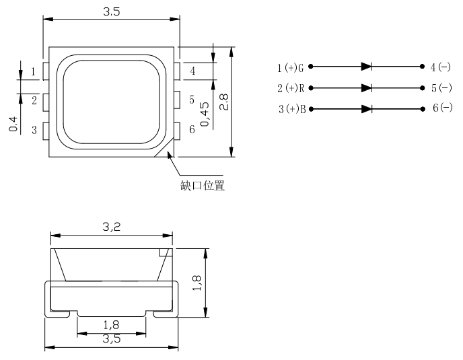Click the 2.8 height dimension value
[225, 102]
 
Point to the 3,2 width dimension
[111, 228]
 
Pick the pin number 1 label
[33, 71]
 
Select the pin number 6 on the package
[192, 129]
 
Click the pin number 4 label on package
[192, 71]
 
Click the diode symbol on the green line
[366, 67]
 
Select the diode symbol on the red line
[366, 87]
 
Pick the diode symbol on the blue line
[366, 108]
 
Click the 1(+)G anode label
[291, 67]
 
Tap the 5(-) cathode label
[441, 88]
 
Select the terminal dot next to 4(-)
[422, 67]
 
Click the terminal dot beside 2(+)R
[310, 87]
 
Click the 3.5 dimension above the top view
[111, 11]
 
